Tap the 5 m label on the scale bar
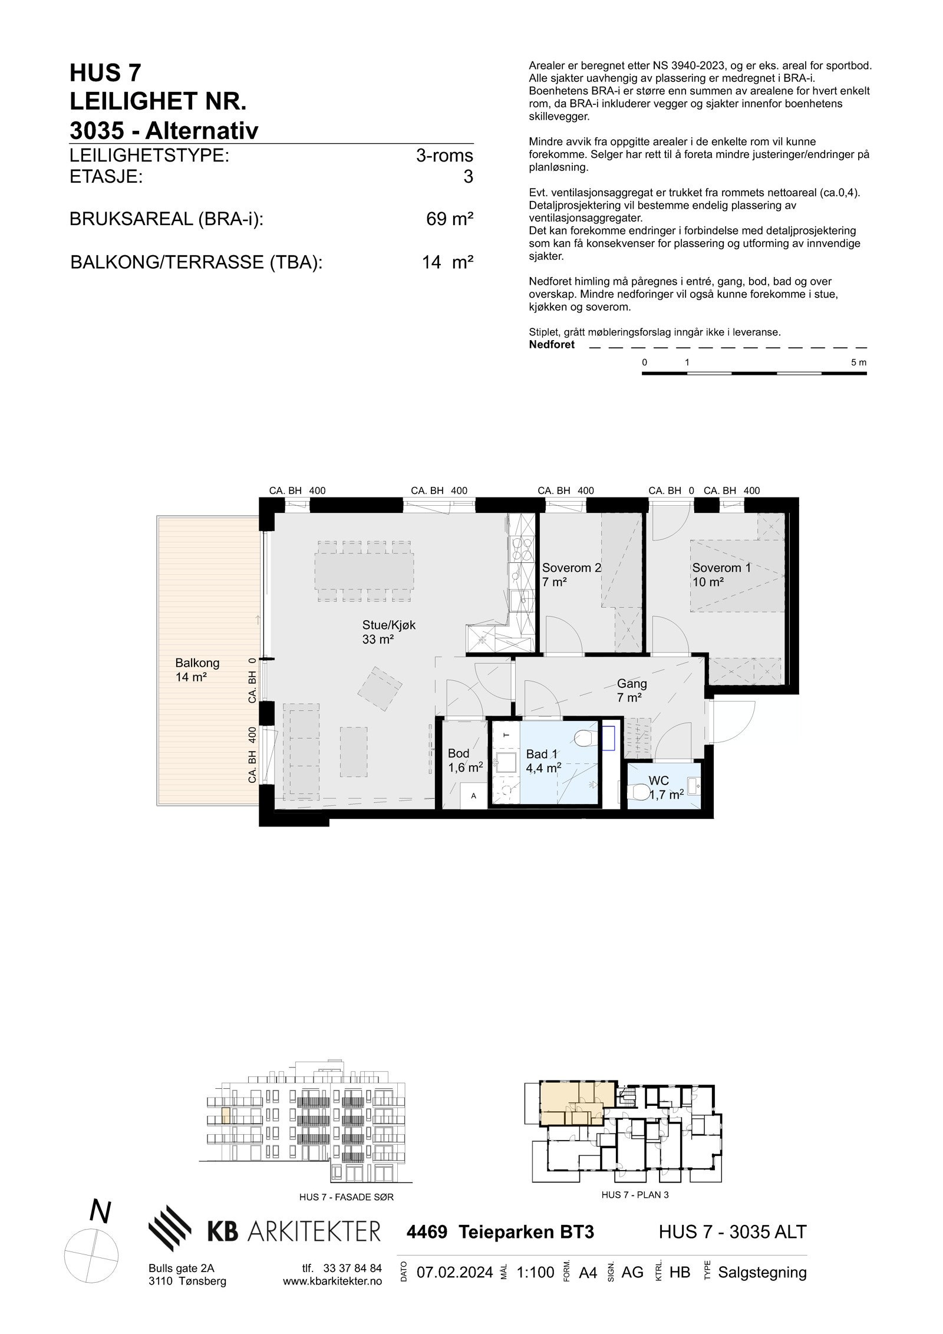tap(858, 363)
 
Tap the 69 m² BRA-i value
tap(449, 219)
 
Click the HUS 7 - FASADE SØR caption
tap(346, 1197)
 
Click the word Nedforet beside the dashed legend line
tap(551, 345)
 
